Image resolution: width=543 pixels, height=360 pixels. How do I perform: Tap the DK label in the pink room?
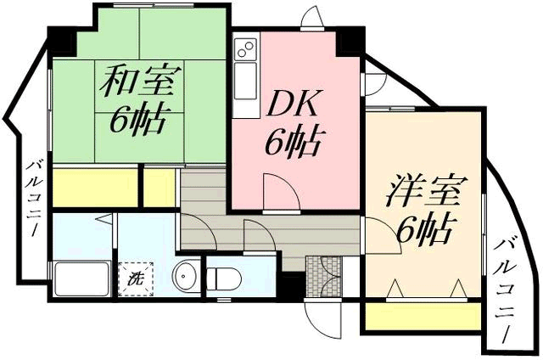[292, 104]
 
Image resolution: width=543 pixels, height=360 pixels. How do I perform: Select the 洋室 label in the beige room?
[427, 190]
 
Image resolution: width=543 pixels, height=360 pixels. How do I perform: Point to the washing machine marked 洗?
[136, 279]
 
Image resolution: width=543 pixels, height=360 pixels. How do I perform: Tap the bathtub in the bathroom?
[82, 279]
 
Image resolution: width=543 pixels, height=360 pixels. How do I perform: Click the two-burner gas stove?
[246, 49]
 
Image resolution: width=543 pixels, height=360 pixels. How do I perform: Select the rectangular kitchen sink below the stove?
[246, 81]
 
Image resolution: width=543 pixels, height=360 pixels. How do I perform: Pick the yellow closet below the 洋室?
[423, 317]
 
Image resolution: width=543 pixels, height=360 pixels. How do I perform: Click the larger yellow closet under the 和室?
[95, 187]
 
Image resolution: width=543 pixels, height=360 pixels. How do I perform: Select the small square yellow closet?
[159, 187]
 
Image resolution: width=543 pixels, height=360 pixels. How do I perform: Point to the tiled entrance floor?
[324, 277]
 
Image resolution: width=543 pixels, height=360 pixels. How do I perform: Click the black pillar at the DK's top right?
[350, 42]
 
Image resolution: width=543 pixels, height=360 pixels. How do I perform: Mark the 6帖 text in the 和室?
[136, 121]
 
